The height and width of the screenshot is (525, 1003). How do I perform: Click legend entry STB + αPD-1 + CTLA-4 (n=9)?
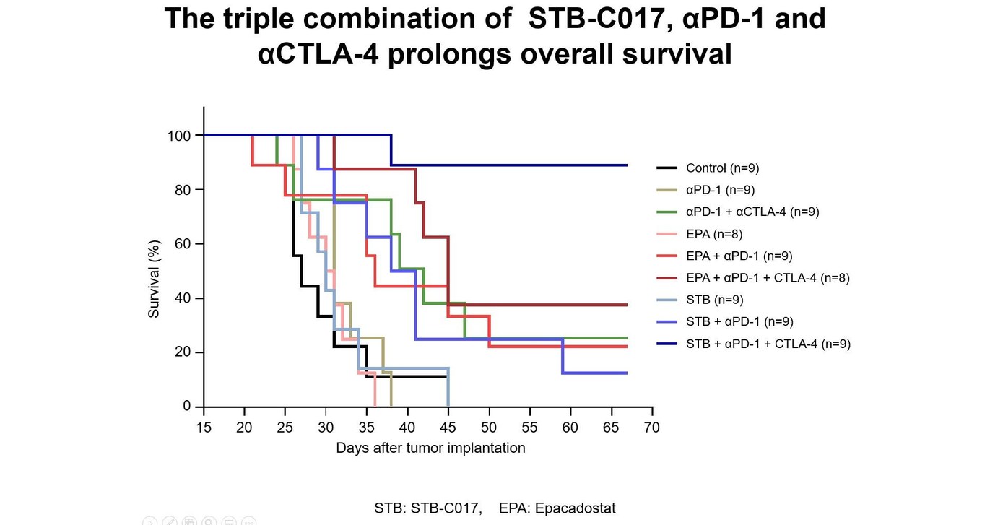768,344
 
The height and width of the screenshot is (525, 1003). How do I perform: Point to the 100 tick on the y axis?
180,136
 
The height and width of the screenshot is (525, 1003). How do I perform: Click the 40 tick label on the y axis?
183,298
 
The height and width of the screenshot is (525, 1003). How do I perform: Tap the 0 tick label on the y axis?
187,407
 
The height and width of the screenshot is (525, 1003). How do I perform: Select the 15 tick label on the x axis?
204,428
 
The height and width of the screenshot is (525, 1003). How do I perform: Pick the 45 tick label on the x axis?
448,428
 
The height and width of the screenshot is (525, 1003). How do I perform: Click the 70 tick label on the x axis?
652,428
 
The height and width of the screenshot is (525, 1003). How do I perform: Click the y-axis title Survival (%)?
154,279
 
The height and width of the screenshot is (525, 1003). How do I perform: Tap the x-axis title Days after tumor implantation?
430,448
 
